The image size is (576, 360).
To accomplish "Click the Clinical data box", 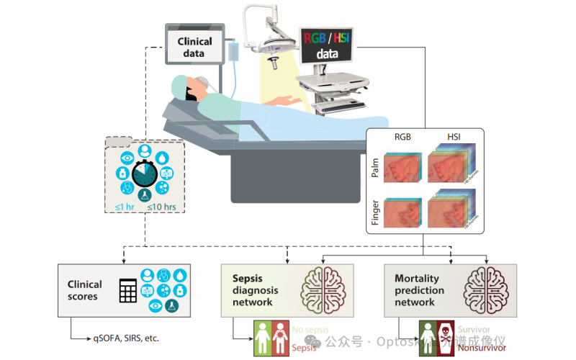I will (x=194, y=46).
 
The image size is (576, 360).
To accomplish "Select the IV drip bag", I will (x=235, y=53).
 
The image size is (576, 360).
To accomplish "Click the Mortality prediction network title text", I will (x=419, y=290).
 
